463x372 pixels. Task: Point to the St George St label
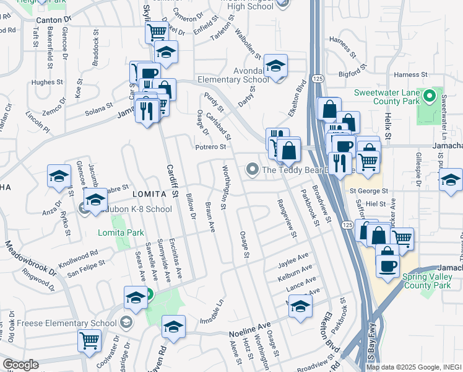coord(370,192)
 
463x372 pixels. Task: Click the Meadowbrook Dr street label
coord(30,258)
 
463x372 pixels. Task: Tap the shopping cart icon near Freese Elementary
coord(89,339)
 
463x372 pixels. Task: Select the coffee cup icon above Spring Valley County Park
coord(387,265)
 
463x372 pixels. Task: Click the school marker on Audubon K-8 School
coord(95,200)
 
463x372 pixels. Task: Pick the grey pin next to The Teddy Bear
coord(252,169)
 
